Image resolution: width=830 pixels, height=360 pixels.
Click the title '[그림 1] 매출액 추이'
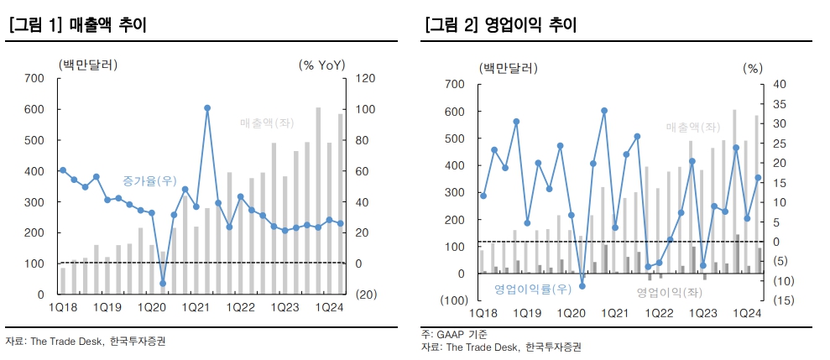coord(76,26)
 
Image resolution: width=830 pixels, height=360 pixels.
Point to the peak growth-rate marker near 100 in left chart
coord(206,108)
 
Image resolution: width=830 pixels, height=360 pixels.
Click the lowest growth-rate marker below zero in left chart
coord(163,283)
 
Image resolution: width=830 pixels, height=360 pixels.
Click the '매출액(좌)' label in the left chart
coord(267,123)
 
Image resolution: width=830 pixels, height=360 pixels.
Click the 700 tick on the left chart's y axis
coord(34,78)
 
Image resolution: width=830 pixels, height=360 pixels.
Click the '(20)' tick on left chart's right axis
coord(366,295)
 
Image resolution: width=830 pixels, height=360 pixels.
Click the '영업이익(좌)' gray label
coord(668,292)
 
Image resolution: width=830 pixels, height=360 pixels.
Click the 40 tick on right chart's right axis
coord(777,84)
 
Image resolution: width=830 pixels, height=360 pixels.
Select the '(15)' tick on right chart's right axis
coord(777,300)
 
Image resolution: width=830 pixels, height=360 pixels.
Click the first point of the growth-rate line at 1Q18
coord(63,170)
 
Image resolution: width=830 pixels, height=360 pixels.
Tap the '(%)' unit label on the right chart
coord(753,69)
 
